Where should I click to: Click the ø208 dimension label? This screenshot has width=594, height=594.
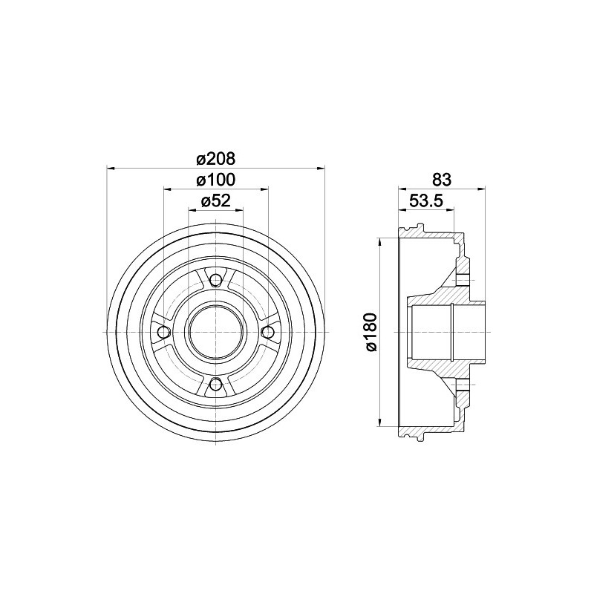215,158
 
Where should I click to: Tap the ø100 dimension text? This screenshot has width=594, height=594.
215,180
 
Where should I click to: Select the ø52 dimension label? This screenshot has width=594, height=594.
215,200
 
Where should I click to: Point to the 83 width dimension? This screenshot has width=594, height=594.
442,179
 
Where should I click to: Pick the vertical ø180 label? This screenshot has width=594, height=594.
371,332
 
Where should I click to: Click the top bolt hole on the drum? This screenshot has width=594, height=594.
215,279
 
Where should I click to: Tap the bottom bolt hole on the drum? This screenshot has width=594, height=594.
215,384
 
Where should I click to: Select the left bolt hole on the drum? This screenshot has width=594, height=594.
163,332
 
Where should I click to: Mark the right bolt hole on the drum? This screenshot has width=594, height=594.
268,332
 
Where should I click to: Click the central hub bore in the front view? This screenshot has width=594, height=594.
215,332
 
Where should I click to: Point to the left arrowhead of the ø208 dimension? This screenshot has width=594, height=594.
111,167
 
